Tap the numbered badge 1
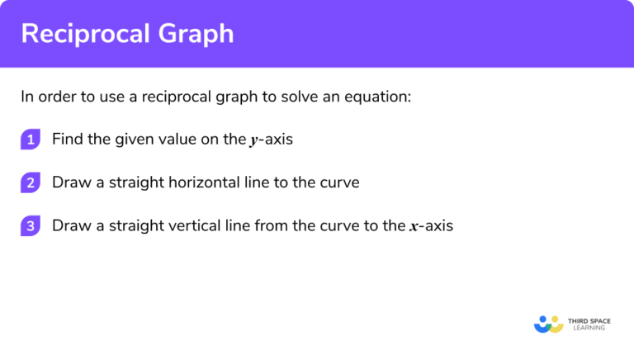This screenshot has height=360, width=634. pos(31,140)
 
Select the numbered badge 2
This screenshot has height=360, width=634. pos(31,182)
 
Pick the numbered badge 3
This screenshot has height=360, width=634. pos(31,225)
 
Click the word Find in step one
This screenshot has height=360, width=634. pos(67,140)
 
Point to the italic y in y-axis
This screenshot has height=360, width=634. pos(253,141)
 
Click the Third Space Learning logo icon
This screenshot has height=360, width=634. pos(547,323)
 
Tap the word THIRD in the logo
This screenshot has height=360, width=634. pos(580,320)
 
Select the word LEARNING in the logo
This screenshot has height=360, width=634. pos(587,328)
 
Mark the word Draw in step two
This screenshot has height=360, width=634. pos(70,182)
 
